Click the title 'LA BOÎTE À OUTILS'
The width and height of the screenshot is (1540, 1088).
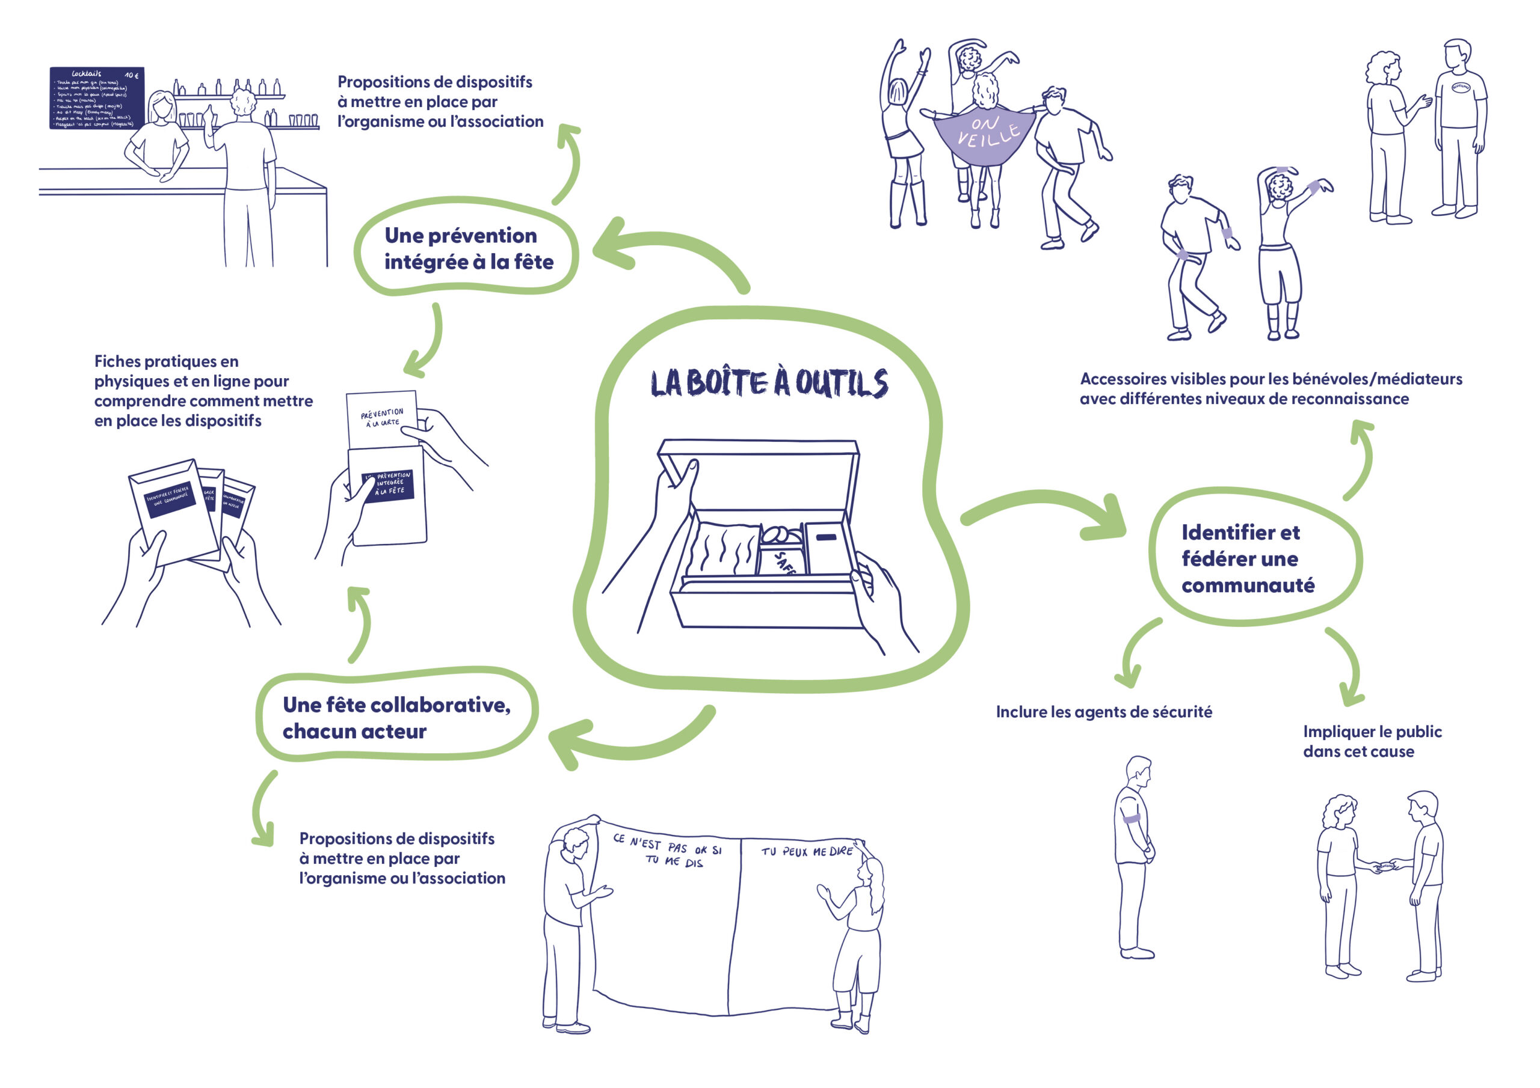point(769,383)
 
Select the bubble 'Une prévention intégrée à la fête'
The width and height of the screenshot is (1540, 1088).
point(467,248)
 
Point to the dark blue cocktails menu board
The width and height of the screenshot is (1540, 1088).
point(97,98)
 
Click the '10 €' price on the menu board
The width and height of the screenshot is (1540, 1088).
point(132,75)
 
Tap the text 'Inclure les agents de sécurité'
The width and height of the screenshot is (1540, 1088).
point(1103,712)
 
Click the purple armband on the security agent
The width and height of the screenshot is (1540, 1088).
point(1132,818)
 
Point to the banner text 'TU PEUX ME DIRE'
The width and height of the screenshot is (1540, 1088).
point(806,851)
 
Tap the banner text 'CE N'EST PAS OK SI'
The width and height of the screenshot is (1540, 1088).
point(667,845)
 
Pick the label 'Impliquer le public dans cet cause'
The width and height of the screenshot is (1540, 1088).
point(1372,741)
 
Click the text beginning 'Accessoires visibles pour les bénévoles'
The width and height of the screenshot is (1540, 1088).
point(1270,389)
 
